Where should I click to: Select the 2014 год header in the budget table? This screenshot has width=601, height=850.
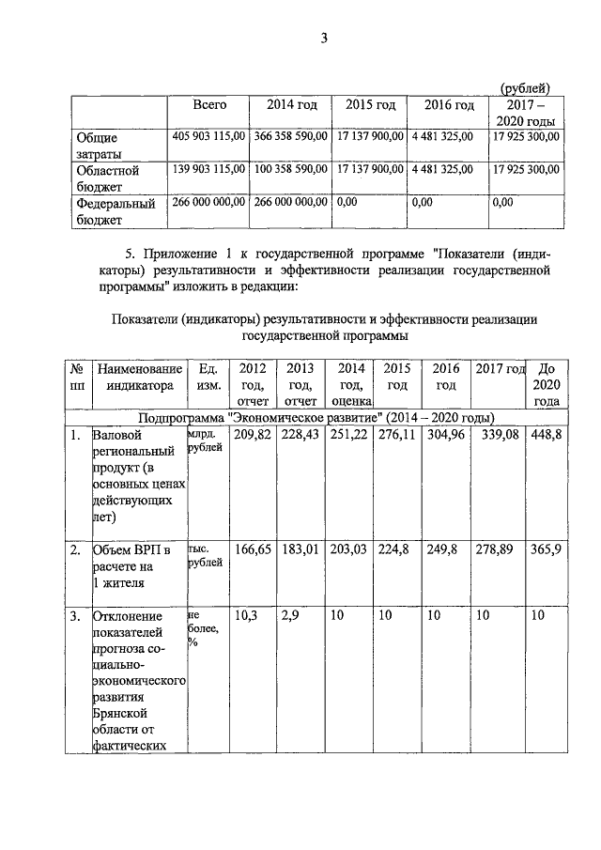click(x=292, y=105)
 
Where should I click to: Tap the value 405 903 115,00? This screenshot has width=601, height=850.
click(x=209, y=137)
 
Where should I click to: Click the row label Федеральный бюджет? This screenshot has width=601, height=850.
click(x=115, y=210)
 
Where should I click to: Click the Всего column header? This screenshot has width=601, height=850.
click(x=209, y=105)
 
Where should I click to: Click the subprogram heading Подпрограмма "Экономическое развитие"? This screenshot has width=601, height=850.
click(x=316, y=417)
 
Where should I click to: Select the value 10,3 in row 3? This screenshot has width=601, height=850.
click(x=245, y=616)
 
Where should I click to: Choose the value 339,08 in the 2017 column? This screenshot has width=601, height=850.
click(x=498, y=436)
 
